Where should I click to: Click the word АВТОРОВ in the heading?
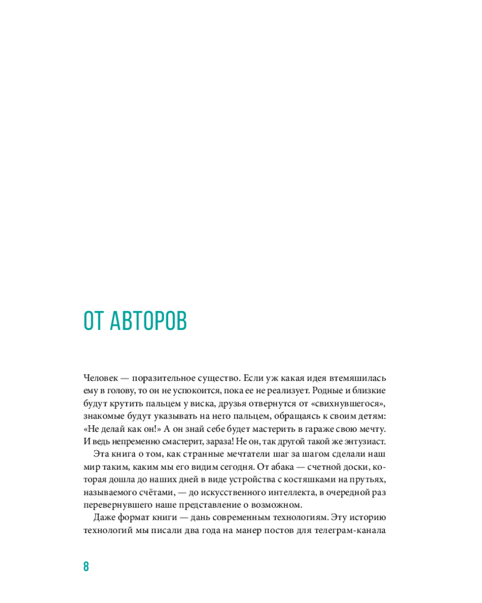(x=148, y=321)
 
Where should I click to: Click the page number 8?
(x=86, y=566)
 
